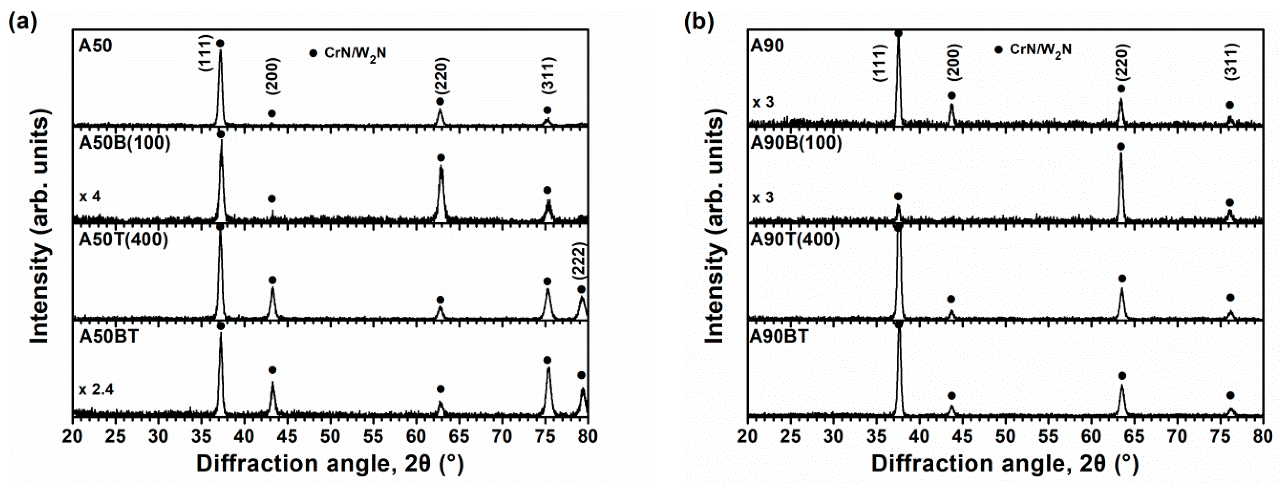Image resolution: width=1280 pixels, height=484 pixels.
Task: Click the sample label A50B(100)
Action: pyautogui.click(x=124, y=143)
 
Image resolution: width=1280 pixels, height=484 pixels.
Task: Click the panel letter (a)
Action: pyautogui.click(x=23, y=22)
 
